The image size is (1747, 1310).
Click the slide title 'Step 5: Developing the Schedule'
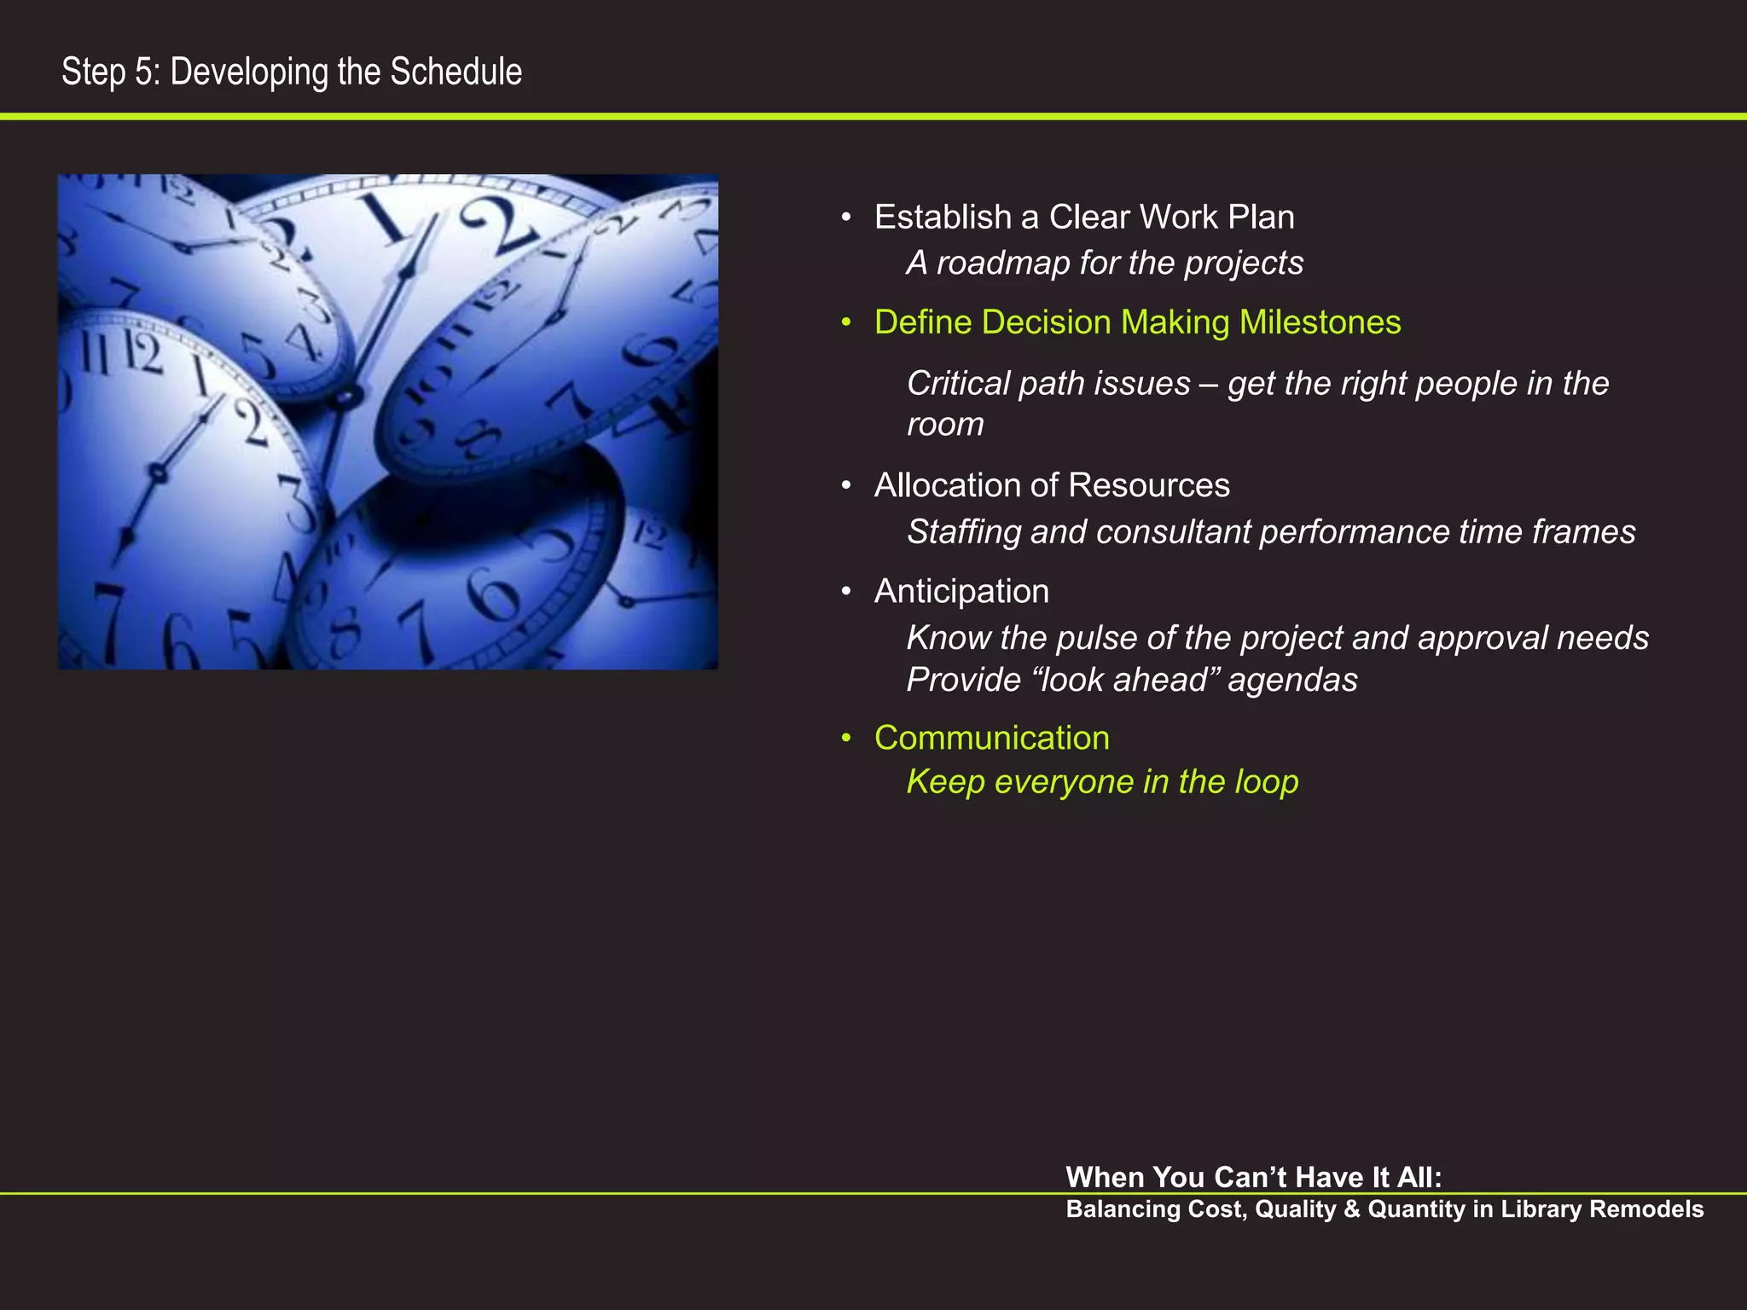pos(292,72)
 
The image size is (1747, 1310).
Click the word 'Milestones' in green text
pos(1320,322)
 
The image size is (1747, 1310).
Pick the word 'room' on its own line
pos(945,425)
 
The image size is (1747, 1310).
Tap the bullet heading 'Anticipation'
pos(961,592)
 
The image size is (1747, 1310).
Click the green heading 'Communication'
pos(991,739)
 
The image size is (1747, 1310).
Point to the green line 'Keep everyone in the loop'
pos(1102,782)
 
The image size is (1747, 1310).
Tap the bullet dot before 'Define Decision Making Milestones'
pos(846,322)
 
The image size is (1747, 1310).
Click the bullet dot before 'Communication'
pos(846,739)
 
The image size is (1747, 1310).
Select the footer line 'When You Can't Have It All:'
pos(1253,1178)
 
